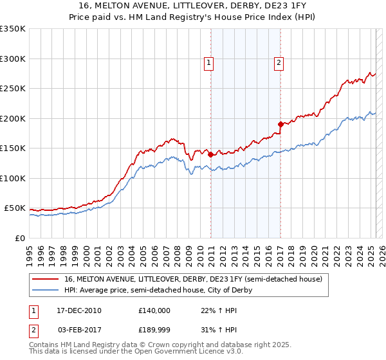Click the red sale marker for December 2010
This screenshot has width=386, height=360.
pos(210,154)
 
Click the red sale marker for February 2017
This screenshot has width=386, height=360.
pos(280,124)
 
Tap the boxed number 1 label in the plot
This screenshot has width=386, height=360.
pos(210,63)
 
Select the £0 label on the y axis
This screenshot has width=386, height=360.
pos(20,238)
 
